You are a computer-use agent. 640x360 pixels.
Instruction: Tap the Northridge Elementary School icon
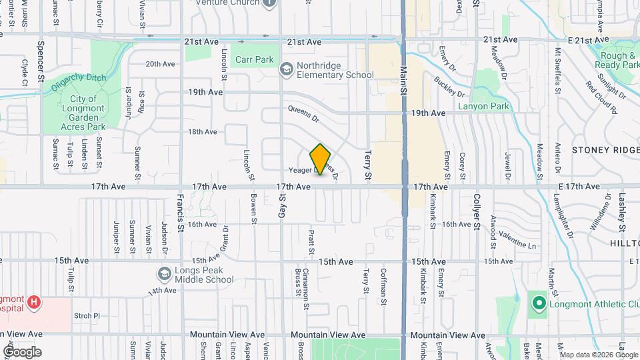(x=286, y=69)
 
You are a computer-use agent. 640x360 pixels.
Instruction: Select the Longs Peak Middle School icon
(x=164, y=274)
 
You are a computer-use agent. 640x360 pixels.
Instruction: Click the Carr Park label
(x=254, y=59)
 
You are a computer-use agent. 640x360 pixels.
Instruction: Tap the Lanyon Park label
(x=483, y=106)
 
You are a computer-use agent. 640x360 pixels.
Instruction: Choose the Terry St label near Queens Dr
(x=367, y=165)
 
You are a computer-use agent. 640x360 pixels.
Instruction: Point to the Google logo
(x=22, y=351)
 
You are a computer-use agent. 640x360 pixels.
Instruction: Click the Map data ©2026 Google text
(x=597, y=355)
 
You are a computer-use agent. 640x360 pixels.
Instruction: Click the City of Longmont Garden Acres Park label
(x=83, y=113)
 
